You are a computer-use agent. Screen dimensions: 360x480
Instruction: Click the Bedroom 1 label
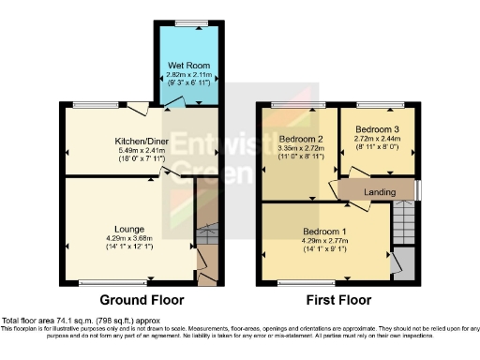pyautogui.click(x=325, y=232)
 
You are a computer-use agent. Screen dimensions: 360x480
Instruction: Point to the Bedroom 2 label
pyautogui.click(x=300, y=139)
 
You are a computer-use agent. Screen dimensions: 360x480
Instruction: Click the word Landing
pyautogui.click(x=379, y=192)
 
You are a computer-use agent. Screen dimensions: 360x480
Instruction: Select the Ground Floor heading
pyautogui.click(x=142, y=301)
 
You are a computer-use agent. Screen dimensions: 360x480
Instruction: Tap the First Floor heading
pyautogui.click(x=340, y=301)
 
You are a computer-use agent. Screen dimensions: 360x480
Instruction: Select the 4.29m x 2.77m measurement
pyautogui.click(x=325, y=241)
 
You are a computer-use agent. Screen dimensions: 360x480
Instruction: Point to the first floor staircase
pyautogui.click(x=403, y=222)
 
